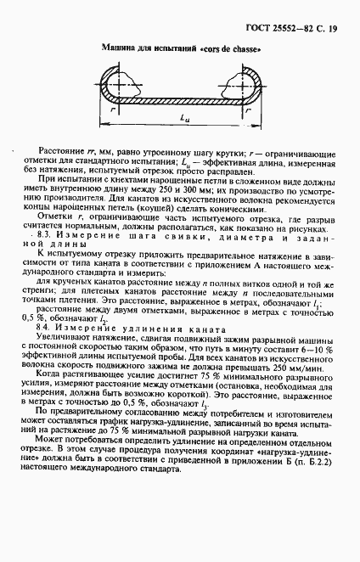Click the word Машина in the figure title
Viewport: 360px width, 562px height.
[120, 49]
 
